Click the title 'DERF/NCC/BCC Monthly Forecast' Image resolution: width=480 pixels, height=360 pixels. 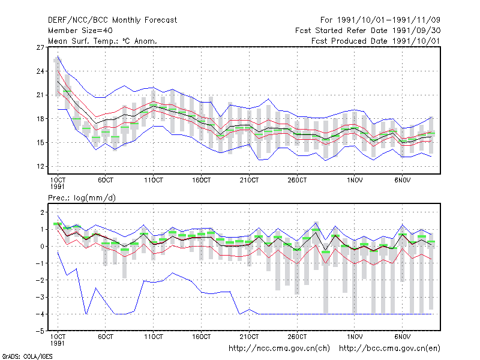[x=112, y=20]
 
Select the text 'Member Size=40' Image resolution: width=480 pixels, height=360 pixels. [x=80, y=31]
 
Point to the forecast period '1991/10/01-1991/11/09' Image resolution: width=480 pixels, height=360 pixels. [x=388, y=20]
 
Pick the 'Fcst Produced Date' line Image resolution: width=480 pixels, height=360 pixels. [x=376, y=41]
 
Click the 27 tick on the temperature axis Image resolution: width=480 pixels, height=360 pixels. [x=40, y=47]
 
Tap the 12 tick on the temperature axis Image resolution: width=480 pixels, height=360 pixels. [x=40, y=167]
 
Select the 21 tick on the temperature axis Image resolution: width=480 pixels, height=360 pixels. [x=40, y=95]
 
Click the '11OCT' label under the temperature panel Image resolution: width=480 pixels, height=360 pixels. [x=154, y=181]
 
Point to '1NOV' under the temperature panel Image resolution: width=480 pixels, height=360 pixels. [x=355, y=181]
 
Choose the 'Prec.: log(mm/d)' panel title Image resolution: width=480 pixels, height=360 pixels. [x=82, y=198]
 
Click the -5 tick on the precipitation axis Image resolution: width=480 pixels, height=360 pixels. [x=40, y=331]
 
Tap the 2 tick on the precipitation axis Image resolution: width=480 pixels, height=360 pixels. [x=42, y=212]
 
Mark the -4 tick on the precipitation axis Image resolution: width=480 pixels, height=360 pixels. [x=40, y=314]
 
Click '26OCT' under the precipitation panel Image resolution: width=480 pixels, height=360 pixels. [x=297, y=337]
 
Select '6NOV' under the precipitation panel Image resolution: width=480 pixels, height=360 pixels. [x=402, y=337]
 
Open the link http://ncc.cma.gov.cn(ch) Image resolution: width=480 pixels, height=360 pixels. [x=279, y=349]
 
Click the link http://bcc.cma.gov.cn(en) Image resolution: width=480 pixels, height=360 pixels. [x=389, y=349]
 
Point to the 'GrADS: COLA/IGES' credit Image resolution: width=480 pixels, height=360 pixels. [x=27, y=356]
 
